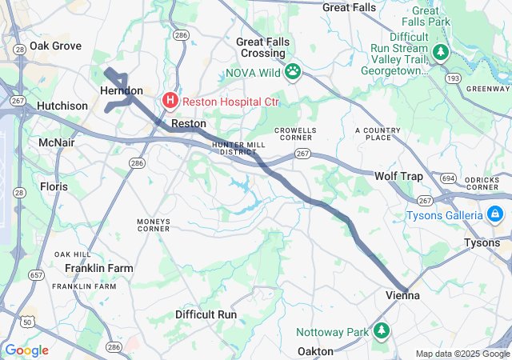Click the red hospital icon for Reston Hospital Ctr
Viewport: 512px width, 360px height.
click(170, 101)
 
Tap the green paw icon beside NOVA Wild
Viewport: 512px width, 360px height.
click(294, 71)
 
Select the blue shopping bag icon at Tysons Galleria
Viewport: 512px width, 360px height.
click(495, 214)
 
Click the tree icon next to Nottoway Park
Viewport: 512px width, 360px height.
click(382, 330)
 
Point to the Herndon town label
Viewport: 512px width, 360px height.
click(122, 91)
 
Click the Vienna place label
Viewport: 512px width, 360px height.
click(403, 295)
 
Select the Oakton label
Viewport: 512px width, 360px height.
click(315, 351)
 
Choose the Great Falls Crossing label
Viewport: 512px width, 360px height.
click(261, 47)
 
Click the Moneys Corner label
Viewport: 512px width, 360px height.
click(153, 225)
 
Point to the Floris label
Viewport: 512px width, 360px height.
click(54, 186)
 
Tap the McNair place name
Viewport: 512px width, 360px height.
click(56, 142)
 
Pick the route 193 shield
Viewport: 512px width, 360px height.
click(474, 78)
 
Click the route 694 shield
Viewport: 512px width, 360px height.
click(448, 178)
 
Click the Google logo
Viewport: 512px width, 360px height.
click(26, 350)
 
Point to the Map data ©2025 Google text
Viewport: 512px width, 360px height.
click(462, 354)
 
